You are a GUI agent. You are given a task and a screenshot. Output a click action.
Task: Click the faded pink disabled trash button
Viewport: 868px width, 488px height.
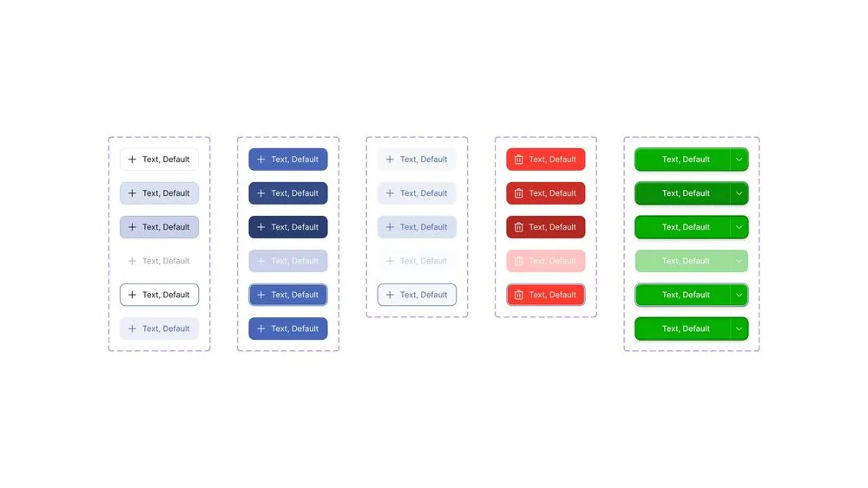pyautogui.click(x=545, y=261)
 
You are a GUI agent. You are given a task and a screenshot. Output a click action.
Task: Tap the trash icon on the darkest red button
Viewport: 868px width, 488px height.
pyautogui.click(x=519, y=227)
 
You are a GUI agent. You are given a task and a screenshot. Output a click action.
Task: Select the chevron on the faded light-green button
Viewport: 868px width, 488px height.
pyautogui.click(x=739, y=261)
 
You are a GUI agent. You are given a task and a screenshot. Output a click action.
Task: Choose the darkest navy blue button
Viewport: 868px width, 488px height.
pyautogui.click(x=288, y=227)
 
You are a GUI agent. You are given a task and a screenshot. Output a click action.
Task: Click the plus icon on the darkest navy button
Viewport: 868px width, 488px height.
pyautogui.click(x=260, y=227)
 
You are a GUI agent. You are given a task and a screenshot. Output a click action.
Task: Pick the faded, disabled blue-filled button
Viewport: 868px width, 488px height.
pyautogui.click(x=288, y=261)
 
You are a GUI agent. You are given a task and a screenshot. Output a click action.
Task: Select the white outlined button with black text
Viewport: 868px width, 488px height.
pyautogui.click(x=160, y=295)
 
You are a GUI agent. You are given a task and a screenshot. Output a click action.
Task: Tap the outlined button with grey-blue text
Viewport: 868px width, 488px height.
pyautogui.click(x=417, y=295)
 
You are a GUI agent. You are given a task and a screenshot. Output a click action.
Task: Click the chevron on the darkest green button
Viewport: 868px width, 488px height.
pyautogui.click(x=739, y=193)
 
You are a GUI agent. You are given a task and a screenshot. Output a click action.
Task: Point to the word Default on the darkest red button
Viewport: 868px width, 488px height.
pyautogui.click(x=562, y=227)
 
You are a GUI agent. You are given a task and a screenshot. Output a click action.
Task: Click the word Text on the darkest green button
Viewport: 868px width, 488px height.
pyautogui.click(x=670, y=193)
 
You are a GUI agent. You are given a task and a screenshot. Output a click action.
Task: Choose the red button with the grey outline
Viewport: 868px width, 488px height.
pyautogui.click(x=545, y=295)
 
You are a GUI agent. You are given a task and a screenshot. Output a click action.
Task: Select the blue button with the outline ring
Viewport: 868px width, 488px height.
pyautogui.click(x=288, y=295)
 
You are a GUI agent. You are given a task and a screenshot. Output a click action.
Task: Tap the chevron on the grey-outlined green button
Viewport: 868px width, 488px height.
pyautogui.click(x=739, y=295)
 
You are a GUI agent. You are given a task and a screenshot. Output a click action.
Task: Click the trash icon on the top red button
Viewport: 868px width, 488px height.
pyautogui.click(x=519, y=159)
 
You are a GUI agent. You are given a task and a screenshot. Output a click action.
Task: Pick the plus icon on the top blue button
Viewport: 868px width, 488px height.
pyautogui.click(x=260, y=159)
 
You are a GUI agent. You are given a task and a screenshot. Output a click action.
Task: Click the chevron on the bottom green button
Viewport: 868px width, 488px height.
pyautogui.click(x=739, y=329)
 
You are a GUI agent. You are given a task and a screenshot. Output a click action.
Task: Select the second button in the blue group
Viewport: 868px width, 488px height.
pyautogui.click(x=288, y=193)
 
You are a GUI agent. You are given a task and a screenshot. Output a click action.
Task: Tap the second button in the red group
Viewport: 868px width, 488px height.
pyautogui.click(x=545, y=193)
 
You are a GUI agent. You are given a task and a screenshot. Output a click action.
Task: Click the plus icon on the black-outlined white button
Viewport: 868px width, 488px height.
pyautogui.click(x=132, y=295)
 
